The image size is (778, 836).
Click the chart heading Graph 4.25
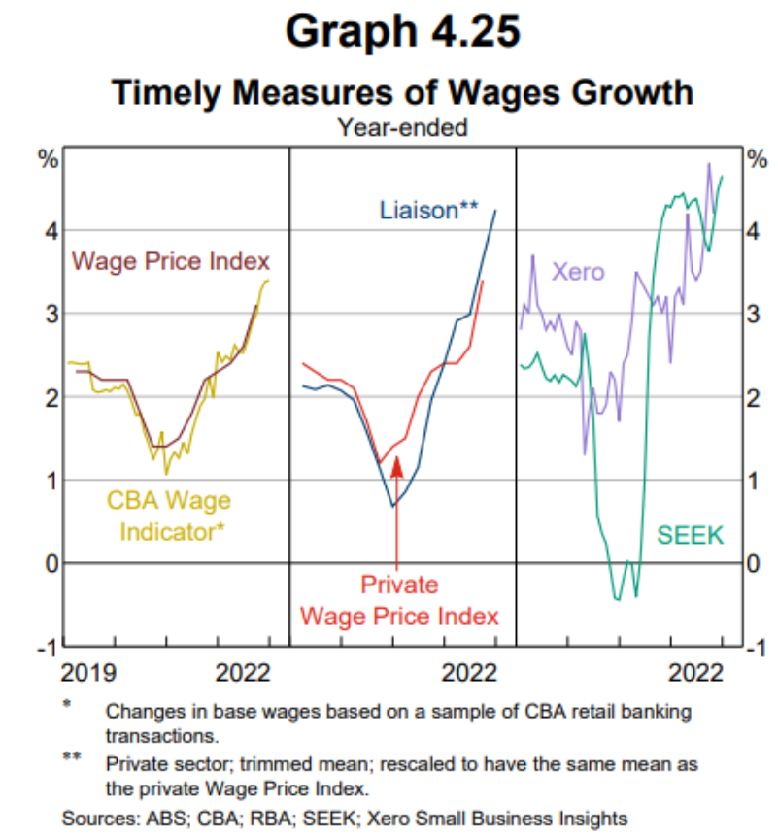coord(401,31)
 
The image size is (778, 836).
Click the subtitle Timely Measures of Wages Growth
coord(401,92)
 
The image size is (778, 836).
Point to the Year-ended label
coord(401,126)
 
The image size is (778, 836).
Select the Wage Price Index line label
coord(171,261)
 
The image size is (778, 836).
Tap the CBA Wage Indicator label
coord(171,516)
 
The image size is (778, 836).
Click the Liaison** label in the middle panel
coord(428,210)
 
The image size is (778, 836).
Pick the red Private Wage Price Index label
coord(399,601)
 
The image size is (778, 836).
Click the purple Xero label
coord(578,271)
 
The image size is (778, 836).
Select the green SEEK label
coord(691,534)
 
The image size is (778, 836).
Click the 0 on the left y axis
coord(49,563)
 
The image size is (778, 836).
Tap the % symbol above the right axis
coord(757,158)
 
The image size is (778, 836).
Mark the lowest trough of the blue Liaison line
coord(392,506)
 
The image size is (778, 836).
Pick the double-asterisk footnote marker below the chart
coord(72,755)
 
